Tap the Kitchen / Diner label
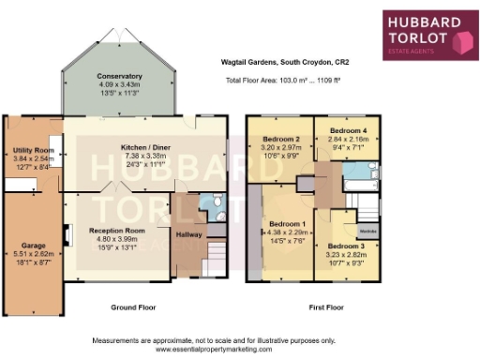click(x=144, y=148)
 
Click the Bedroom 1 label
click(x=288, y=225)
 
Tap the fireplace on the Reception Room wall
click(x=67, y=232)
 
